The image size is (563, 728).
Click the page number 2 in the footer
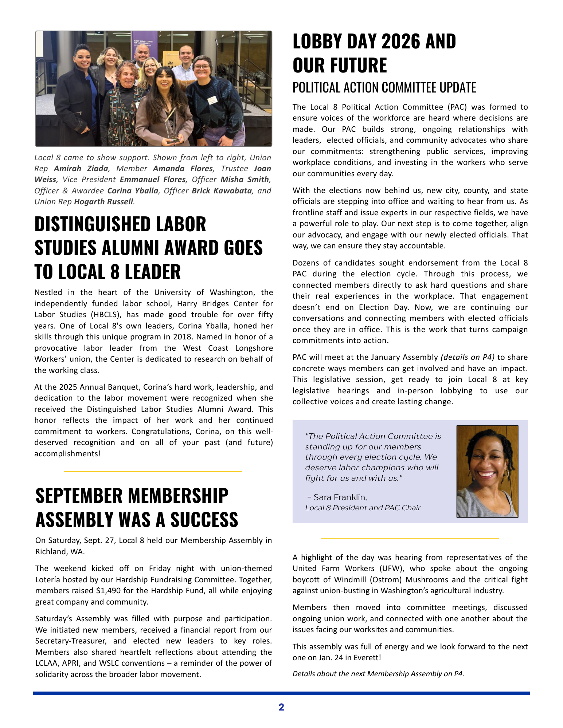pyautogui.click(x=281, y=707)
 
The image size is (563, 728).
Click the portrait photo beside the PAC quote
pyautogui.click(x=487, y=471)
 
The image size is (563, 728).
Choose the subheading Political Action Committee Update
pyautogui.click(x=384, y=88)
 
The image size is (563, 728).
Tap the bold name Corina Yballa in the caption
pyautogui.click(x=133, y=191)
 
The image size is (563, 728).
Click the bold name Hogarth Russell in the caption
pyautogui.click(x=104, y=202)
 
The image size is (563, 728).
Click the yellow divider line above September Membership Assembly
pyautogui.click(x=153, y=472)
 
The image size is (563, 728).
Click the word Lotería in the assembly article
pyautogui.click(x=49, y=580)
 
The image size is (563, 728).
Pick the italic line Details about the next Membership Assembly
pyautogui.click(x=378, y=674)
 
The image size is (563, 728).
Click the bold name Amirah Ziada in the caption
pyautogui.click(x=81, y=169)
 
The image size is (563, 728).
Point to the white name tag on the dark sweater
pyautogui.click(x=212, y=99)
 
